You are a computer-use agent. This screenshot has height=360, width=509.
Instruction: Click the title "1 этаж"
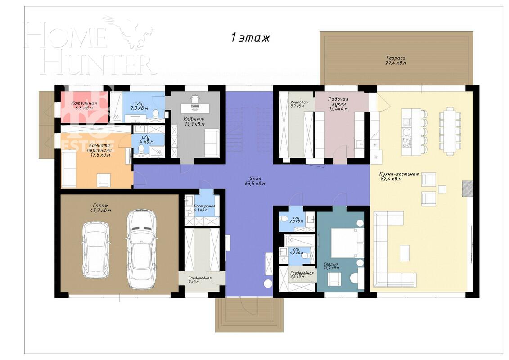click(250, 38)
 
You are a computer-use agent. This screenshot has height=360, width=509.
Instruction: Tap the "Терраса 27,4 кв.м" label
click(396, 61)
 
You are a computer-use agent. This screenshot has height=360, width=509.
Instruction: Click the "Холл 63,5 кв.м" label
click(255, 181)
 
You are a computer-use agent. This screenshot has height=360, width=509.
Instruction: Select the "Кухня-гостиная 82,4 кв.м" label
click(399, 176)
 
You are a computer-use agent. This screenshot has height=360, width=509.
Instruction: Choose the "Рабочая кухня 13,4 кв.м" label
click(338, 103)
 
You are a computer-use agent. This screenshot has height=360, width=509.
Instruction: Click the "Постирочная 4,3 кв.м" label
click(204, 208)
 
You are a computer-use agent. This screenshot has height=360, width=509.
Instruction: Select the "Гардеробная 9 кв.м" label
click(200, 280)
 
